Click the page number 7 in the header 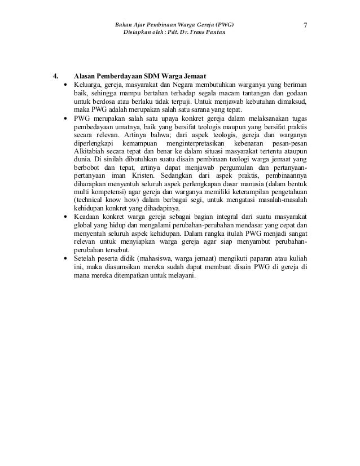[305, 25]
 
